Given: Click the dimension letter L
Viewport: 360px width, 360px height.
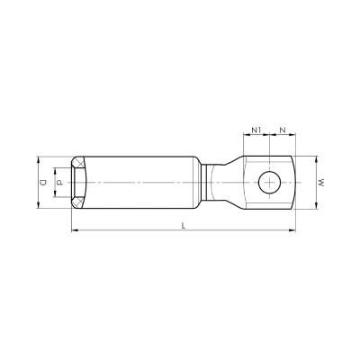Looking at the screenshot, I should (184, 226).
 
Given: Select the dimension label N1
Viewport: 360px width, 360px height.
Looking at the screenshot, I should (256, 130).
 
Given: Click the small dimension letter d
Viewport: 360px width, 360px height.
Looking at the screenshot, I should (59, 183).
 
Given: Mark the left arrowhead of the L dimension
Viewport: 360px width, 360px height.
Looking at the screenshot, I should (73, 232).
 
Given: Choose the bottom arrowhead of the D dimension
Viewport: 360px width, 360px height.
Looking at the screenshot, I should (38, 210).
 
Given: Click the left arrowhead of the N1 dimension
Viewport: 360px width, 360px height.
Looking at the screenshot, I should (245, 137).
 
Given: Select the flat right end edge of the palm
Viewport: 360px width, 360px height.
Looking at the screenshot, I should (295, 183).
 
